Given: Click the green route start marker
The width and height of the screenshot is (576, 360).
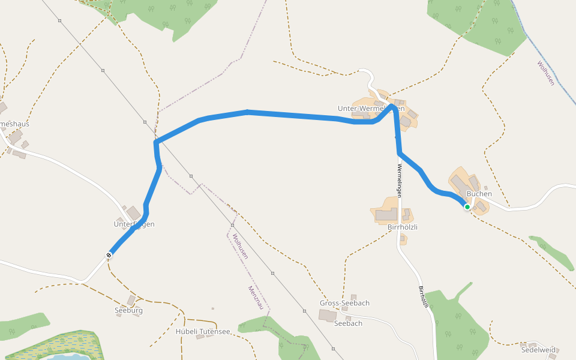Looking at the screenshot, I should [x=467, y=206].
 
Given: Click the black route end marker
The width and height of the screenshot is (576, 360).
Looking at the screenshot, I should [x=109, y=255].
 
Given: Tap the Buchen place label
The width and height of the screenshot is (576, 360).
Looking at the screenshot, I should [x=479, y=194].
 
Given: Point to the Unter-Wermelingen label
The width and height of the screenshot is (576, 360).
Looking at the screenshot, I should [x=371, y=109].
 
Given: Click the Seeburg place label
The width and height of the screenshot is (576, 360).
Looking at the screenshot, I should [x=128, y=311].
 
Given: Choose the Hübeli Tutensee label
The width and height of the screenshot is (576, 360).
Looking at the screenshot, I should [x=203, y=331].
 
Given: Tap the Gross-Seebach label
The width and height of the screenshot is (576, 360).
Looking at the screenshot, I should [x=344, y=303].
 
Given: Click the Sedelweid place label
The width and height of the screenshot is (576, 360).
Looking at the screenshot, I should [x=538, y=349].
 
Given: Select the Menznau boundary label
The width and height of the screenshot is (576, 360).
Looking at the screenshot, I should [x=256, y=298].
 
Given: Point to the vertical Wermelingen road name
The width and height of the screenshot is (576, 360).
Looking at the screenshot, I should [x=398, y=179].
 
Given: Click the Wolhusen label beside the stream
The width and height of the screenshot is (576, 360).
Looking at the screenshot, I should [x=546, y=73].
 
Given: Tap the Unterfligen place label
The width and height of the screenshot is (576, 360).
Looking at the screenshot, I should [x=134, y=224].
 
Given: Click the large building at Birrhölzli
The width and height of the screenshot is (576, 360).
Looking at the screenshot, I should [x=387, y=215].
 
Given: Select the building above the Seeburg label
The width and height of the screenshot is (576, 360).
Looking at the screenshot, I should [x=131, y=300].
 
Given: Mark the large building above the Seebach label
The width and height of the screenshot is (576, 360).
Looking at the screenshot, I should [x=328, y=315].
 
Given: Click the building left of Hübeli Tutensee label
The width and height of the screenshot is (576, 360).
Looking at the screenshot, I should [x=200, y=337].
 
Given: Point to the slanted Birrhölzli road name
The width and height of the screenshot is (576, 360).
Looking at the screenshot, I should [x=424, y=298].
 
